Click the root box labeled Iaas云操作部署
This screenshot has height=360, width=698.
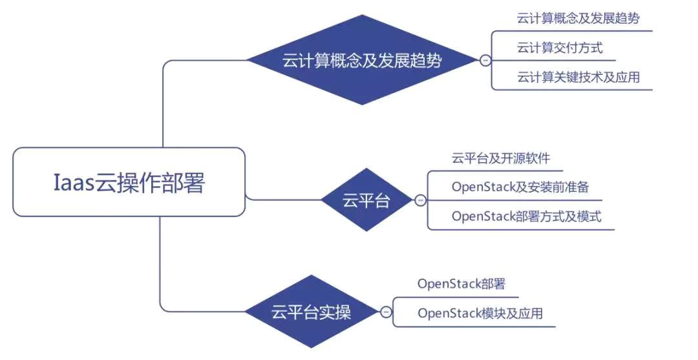(129, 182)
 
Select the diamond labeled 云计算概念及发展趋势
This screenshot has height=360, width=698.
(362, 60)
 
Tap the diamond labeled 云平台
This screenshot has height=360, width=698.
(366, 200)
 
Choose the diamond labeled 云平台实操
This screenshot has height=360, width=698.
(311, 312)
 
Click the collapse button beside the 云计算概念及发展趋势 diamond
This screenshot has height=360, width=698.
(485, 60)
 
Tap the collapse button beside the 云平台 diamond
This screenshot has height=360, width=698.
(420, 200)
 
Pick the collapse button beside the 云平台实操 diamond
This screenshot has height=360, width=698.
(386, 312)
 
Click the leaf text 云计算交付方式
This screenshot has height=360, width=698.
(560, 48)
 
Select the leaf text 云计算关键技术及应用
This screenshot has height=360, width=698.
(578, 77)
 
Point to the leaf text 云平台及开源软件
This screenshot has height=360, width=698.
(501, 158)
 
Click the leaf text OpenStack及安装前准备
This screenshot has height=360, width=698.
(520, 187)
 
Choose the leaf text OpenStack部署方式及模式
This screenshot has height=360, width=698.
(526, 217)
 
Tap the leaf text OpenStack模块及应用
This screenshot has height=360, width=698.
(480, 313)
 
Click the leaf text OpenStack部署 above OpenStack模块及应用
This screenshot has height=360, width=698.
(461, 284)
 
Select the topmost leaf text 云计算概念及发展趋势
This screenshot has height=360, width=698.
(578, 18)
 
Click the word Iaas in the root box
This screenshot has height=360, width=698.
(74, 182)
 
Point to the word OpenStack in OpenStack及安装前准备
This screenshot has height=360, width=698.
(483, 187)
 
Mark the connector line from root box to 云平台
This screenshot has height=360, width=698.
(283, 199)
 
